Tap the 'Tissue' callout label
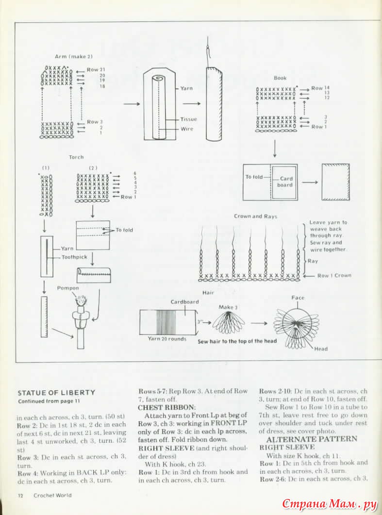click(x=188, y=119)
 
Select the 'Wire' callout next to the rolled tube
click(x=187, y=129)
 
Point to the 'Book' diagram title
click(x=280, y=78)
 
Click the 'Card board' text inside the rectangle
click(x=285, y=182)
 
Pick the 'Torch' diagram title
click(x=76, y=157)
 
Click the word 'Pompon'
click(x=68, y=288)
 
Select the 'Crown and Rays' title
click(x=255, y=216)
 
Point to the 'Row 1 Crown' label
click(x=334, y=276)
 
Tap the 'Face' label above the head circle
click(x=298, y=298)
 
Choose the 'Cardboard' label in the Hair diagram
click(x=184, y=301)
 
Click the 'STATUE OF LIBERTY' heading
click(x=56, y=393)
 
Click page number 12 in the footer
click(x=21, y=496)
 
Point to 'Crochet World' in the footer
click(x=52, y=496)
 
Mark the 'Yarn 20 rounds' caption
click(x=167, y=339)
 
